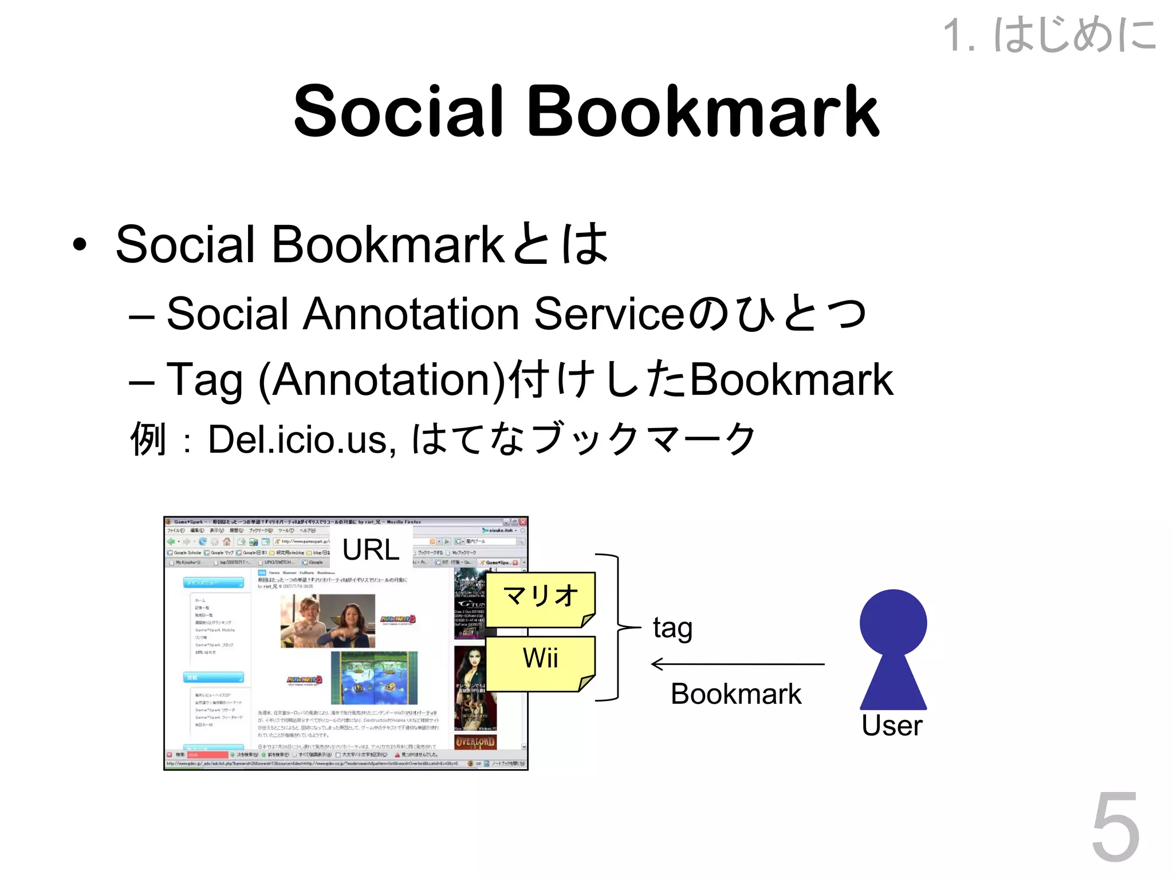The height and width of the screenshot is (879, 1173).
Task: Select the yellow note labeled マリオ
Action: coord(540,597)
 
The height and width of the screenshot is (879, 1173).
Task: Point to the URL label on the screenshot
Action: coord(371,550)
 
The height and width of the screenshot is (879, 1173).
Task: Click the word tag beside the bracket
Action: coord(672,628)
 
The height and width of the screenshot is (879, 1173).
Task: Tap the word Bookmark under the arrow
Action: coord(736,694)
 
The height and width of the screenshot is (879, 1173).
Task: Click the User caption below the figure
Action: coord(892,726)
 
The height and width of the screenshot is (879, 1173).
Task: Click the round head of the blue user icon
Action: coord(893,622)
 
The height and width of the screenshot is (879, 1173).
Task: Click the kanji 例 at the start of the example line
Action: coord(148,439)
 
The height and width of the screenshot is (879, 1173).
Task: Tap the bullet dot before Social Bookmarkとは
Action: coord(80,245)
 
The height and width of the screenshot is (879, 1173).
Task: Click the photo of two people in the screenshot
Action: coord(328,620)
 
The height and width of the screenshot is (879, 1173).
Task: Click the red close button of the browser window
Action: coord(523,522)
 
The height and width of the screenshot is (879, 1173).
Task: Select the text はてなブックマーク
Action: coord(584,439)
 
